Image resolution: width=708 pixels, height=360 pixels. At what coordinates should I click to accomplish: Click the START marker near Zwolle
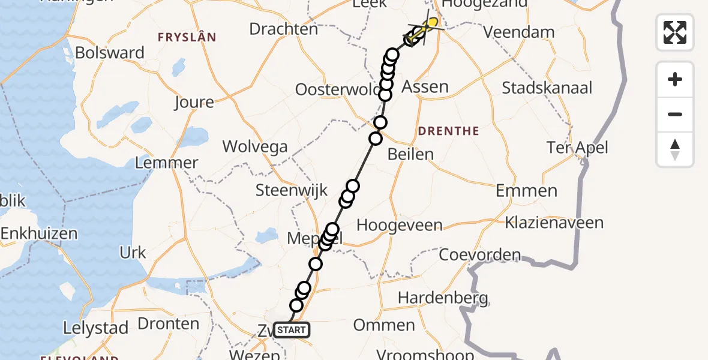coord(292,329)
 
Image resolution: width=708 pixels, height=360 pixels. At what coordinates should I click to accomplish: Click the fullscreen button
coord(675,32)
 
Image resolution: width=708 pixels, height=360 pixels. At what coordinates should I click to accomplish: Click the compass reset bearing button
coord(675,149)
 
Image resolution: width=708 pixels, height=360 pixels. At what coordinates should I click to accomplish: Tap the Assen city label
coord(425,87)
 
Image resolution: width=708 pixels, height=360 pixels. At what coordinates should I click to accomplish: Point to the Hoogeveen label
coord(400,226)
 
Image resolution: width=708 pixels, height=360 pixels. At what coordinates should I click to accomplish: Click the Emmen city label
coord(526,191)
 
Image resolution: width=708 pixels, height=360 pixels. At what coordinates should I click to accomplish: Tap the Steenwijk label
coord(292,191)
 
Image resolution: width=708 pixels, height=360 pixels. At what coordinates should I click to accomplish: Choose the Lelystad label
coord(96,328)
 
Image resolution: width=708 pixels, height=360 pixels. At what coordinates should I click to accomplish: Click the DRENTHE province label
coord(448,131)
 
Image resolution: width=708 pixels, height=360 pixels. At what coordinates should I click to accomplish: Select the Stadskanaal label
coord(547,88)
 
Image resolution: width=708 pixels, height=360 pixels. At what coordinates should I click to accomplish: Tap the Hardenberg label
coord(443,297)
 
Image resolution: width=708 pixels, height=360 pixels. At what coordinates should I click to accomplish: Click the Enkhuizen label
coord(39,234)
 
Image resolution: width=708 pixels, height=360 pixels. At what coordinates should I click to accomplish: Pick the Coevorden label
coord(480,255)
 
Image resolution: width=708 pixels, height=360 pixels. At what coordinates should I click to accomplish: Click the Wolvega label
coord(255,146)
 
